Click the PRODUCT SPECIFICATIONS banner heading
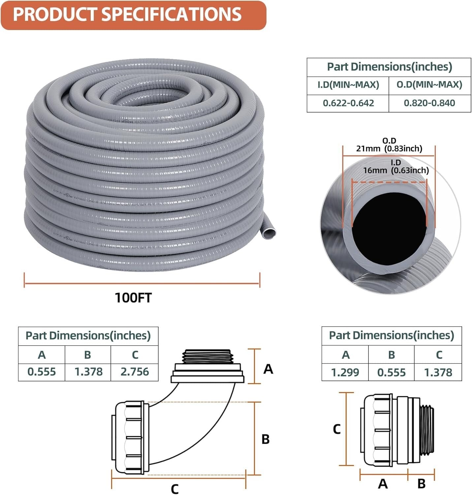[x=127, y=15]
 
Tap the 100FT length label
[x=133, y=298]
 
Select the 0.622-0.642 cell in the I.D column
[x=348, y=103]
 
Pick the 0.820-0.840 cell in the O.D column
[x=429, y=103]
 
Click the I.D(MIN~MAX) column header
[x=348, y=85]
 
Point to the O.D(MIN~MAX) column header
[x=429, y=85]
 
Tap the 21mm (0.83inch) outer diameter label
[x=389, y=148]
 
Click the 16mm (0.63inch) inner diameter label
[x=396, y=170]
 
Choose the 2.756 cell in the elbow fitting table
[x=135, y=372]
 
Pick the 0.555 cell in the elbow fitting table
[x=42, y=372]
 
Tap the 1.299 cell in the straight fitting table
[x=345, y=373]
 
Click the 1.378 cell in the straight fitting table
[x=438, y=373]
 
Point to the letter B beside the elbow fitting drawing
[x=266, y=440]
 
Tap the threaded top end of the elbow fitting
[x=208, y=356]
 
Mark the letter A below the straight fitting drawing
[x=383, y=484]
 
